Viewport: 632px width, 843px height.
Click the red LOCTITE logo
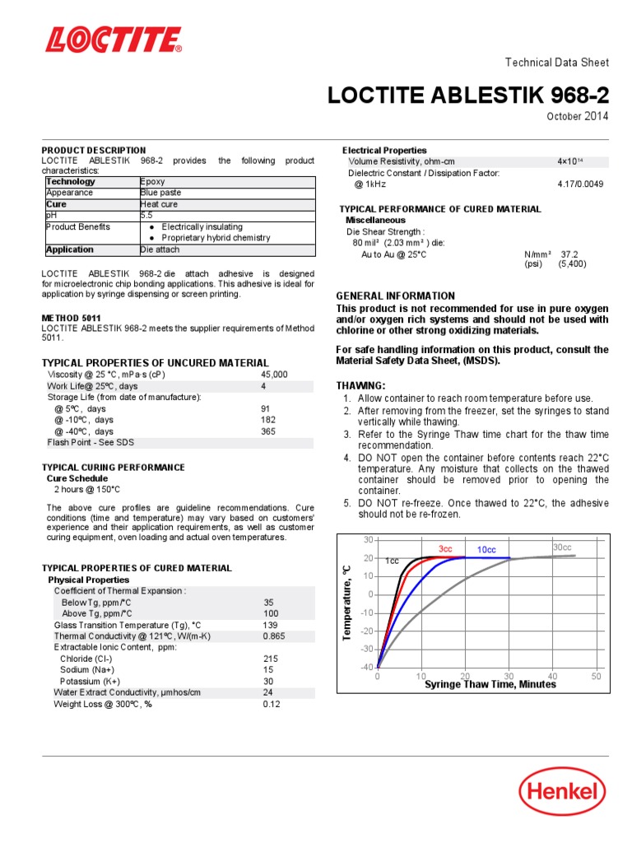[114, 40]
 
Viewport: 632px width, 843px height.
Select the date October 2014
[578, 117]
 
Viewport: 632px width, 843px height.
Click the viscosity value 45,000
[274, 374]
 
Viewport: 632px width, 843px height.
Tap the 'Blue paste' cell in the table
[161, 193]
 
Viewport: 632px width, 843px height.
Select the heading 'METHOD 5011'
[72, 318]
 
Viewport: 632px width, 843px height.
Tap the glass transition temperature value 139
[270, 625]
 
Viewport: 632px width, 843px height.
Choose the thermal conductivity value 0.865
[274, 636]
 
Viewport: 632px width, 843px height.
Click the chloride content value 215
[270, 659]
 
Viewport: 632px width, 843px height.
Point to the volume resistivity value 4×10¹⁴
[569, 162]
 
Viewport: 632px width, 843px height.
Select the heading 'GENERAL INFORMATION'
[395, 296]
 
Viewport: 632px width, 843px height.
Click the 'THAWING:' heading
[360, 386]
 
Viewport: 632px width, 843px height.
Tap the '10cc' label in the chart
[486, 549]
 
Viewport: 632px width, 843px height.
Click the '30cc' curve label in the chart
[562, 547]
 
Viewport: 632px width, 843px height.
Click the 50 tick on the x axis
[596, 676]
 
